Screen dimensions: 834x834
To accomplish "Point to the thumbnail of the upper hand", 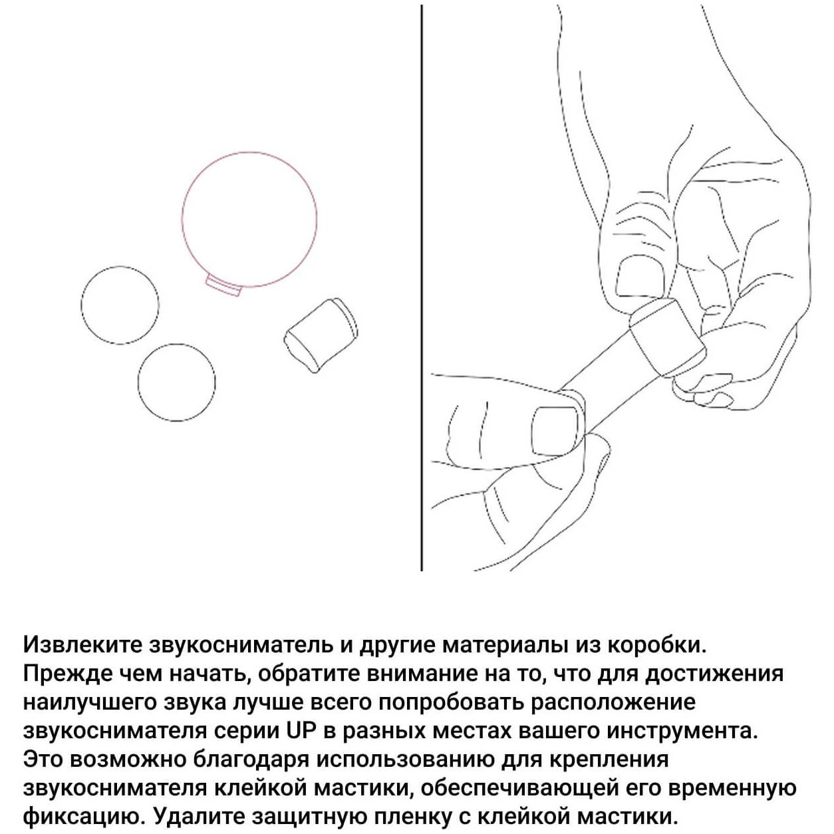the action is (x=640, y=277).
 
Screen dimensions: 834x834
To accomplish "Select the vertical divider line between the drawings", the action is (x=422, y=287).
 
